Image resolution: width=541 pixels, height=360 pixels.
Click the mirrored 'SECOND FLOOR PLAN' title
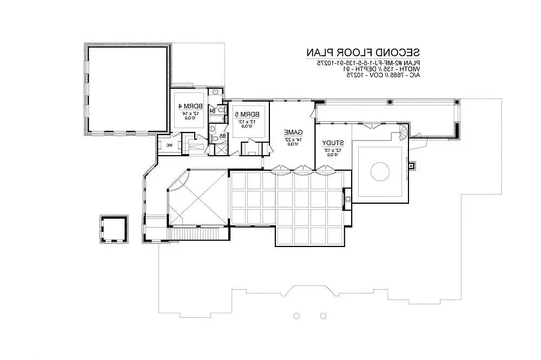pyautogui.click(x=362, y=52)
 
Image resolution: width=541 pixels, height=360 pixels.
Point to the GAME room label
pyautogui.click(x=293, y=132)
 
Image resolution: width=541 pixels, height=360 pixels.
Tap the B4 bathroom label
pyautogui.click(x=213, y=111)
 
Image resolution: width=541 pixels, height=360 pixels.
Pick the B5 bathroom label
pyautogui.click(x=222, y=136)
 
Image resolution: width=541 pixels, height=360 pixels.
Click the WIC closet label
pyautogui.click(x=169, y=145)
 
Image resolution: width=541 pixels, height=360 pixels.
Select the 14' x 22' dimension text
pyautogui.click(x=293, y=139)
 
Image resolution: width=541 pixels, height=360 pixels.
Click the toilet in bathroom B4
pyautogui.click(x=221, y=110)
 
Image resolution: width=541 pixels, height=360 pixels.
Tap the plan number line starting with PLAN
pyautogui.click(x=363, y=63)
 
